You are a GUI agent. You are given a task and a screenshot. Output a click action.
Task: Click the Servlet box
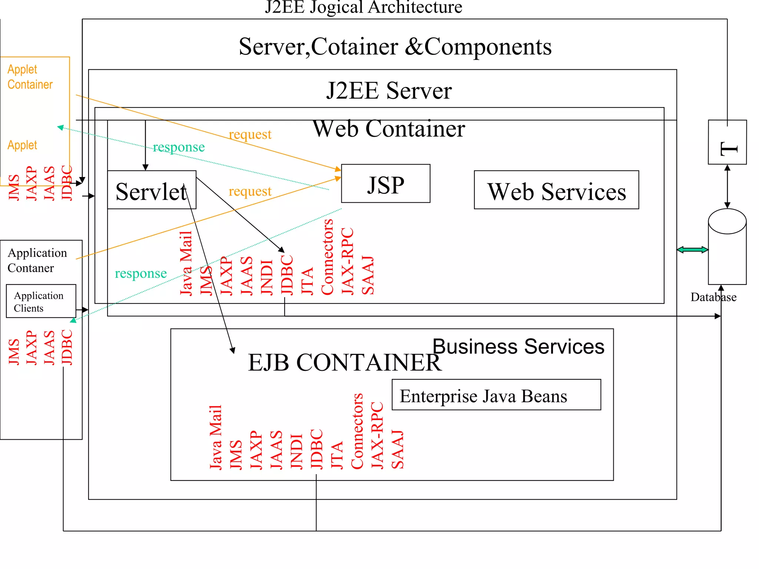click(x=151, y=190)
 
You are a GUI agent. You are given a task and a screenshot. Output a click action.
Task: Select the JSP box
click(x=385, y=184)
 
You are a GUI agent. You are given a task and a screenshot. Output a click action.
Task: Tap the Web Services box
click(x=556, y=190)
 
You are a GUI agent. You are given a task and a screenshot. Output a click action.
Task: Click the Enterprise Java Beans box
click(x=496, y=395)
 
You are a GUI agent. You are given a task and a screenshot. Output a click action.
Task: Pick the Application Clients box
click(x=41, y=301)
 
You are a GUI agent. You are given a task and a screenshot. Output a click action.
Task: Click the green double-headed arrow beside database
click(x=692, y=250)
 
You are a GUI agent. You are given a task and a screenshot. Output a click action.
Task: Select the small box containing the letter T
click(x=727, y=142)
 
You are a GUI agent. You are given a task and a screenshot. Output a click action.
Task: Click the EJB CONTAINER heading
click(x=344, y=362)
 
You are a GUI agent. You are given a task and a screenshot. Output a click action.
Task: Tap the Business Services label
click(x=518, y=347)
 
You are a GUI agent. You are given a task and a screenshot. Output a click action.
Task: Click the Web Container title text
click(x=388, y=129)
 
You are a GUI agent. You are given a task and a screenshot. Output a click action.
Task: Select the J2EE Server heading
click(x=388, y=91)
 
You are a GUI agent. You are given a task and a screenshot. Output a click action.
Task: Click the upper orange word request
click(x=250, y=134)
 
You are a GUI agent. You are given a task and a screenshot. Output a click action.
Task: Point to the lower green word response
click(x=140, y=273)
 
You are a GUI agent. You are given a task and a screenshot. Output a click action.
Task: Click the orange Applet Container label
click(x=30, y=77)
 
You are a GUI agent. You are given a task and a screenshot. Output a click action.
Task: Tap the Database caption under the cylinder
click(x=713, y=297)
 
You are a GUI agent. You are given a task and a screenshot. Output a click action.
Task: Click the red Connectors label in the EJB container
click(x=357, y=431)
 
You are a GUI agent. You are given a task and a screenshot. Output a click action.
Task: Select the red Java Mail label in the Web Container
click(x=186, y=263)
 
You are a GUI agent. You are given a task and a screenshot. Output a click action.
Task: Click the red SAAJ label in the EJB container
click(x=397, y=450)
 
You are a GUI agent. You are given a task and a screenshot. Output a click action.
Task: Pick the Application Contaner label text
click(x=37, y=260)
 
